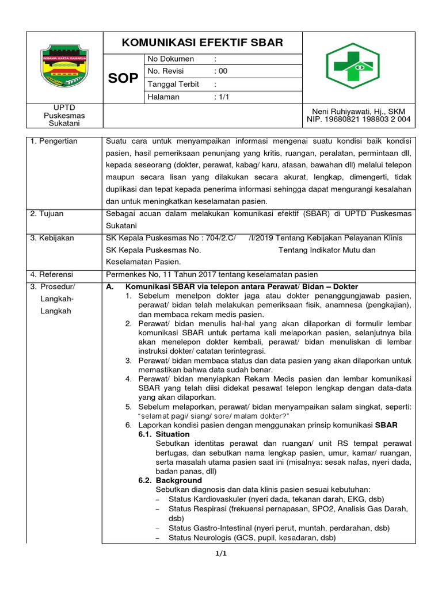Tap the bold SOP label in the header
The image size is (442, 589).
pyautogui.click(x=123, y=79)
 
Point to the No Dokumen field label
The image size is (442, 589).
pyautogui.click(x=171, y=59)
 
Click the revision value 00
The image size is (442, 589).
pyautogui.click(x=222, y=72)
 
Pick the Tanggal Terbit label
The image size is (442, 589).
pyautogui.click(x=173, y=85)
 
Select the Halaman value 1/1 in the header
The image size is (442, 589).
pyautogui.click(x=222, y=97)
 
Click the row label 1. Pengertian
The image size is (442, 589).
pyautogui.click(x=54, y=141)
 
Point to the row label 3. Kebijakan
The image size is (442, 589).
pyautogui.click(x=52, y=238)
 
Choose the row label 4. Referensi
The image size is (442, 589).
pyautogui.click(x=52, y=275)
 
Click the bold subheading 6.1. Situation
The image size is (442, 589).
pyautogui.click(x=164, y=434)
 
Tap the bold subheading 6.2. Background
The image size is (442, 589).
pyautogui.click(x=170, y=480)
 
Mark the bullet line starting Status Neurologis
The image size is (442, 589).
pyautogui.click(x=252, y=538)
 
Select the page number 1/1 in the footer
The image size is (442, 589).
pyautogui.click(x=222, y=554)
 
